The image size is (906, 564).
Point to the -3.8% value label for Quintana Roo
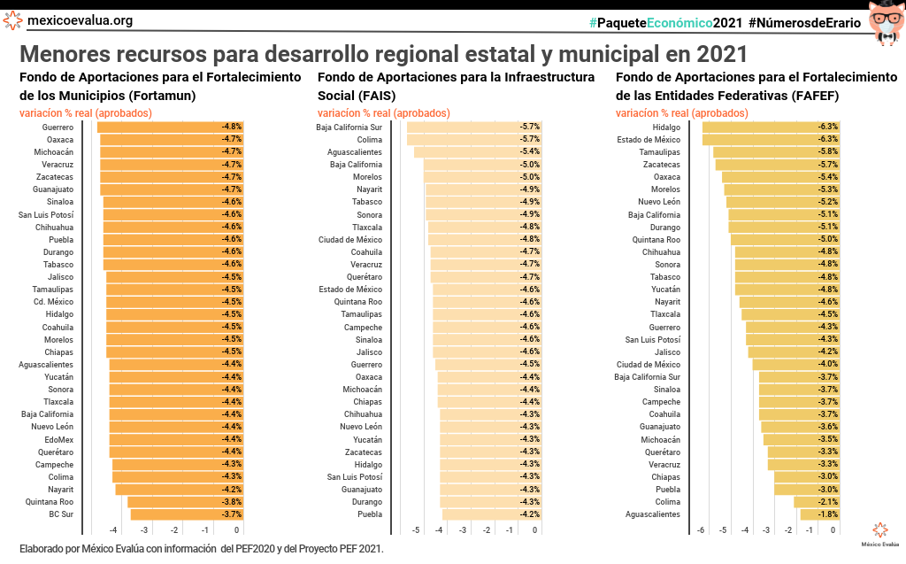[232, 502]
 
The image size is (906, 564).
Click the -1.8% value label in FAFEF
[828, 514]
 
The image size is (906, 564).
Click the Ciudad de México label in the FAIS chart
[350, 240]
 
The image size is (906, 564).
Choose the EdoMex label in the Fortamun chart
[59, 439]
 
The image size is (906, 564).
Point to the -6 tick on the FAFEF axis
[701, 530]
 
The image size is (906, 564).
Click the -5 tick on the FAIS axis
[416, 530]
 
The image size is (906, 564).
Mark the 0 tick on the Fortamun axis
[236, 530]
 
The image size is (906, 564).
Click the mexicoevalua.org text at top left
[81, 20]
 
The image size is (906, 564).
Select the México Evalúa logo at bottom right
[879, 534]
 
